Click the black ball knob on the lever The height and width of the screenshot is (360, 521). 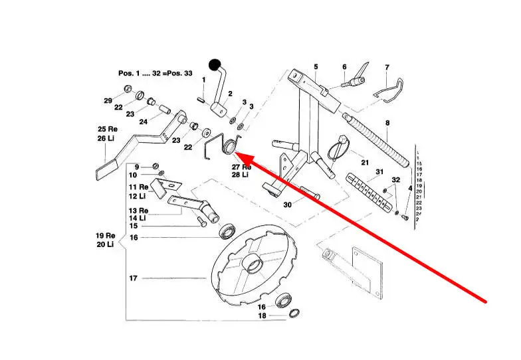[x=215, y=64]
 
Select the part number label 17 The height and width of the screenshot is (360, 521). [x=133, y=278]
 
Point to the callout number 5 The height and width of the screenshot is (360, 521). [x=316, y=66]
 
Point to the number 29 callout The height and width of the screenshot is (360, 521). [x=108, y=100]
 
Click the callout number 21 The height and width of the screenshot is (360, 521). [x=364, y=162]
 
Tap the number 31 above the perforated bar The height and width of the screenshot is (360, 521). [x=379, y=172]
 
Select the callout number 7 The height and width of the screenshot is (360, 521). [x=387, y=67]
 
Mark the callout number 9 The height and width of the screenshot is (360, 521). [x=137, y=166]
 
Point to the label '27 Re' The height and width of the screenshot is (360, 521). [x=240, y=166]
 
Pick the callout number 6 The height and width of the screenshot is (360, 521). [x=344, y=67]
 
